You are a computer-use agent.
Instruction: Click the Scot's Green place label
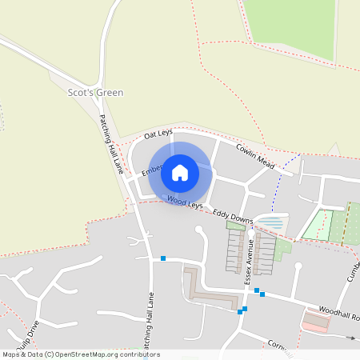[x=96, y=93]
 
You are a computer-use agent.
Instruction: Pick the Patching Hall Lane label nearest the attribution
[x=149, y=320]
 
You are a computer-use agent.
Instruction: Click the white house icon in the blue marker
[x=180, y=172]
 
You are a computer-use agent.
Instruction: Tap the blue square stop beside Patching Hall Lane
[x=162, y=258]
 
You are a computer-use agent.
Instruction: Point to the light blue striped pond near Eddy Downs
[x=270, y=223]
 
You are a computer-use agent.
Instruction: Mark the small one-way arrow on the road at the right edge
[x=350, y=338]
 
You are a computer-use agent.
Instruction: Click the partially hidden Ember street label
[x=152, y=170]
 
